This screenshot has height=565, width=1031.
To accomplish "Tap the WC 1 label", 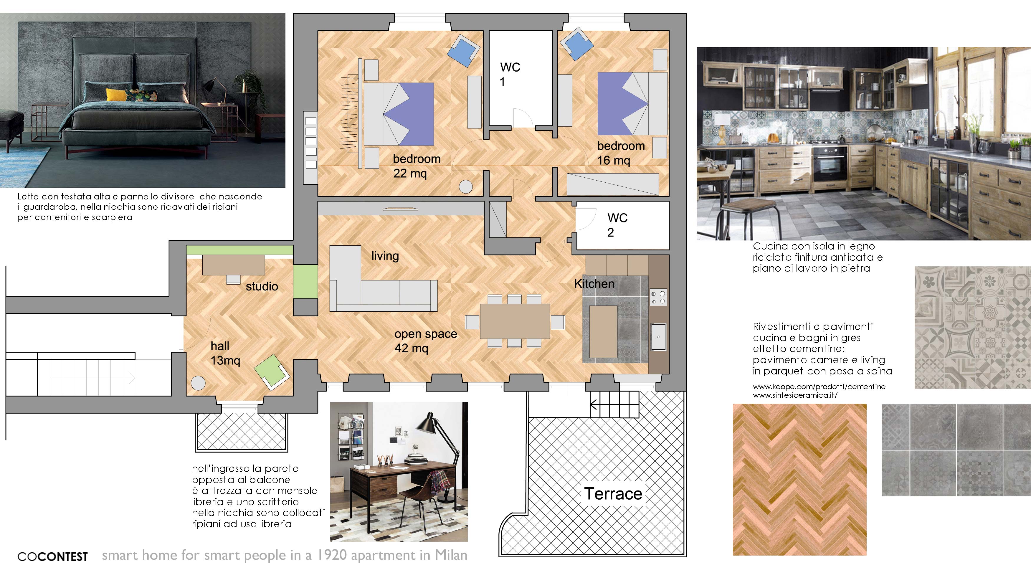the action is click(510, 75).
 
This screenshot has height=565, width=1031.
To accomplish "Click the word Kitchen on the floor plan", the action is click(594, 284).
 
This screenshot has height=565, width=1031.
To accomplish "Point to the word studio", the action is click(262, 287).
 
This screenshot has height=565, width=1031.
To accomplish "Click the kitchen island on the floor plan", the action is click(603, 332).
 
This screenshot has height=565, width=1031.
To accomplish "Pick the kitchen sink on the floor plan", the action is click(658, 336).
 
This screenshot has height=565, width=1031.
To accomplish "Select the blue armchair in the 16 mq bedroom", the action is click(576, 44).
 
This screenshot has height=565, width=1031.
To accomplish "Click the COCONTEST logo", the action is click(52, 556).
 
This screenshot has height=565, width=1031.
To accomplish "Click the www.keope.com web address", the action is click(819, 386).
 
